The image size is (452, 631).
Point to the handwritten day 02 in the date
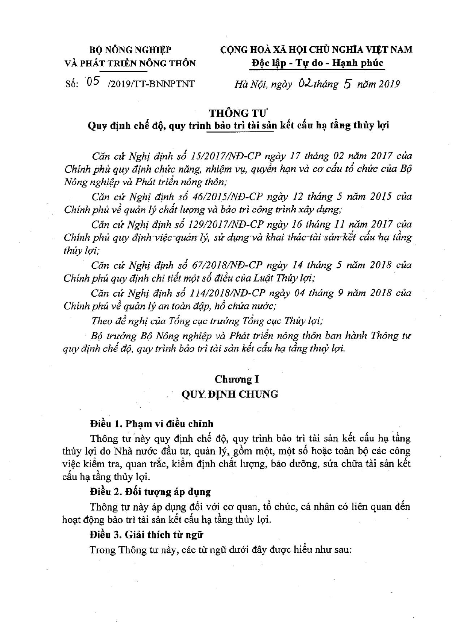pyautogui.click(x=305, y=84)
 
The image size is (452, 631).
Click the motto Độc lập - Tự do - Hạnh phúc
pyautogui.click(x=317, y=63)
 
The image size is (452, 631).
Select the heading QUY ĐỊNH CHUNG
pyautogui.click(x=230, y=394)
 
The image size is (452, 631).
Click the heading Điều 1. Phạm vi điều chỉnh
pyautogui.click(x=152, y=424)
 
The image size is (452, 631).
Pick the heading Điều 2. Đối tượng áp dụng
pyautogui.click(x=150, y=492)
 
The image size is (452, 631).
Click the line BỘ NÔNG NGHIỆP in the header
pyautogui.click(x=130, y=50)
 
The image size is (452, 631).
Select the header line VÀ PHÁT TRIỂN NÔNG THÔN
pyautogui.click(x=130, y=63)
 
